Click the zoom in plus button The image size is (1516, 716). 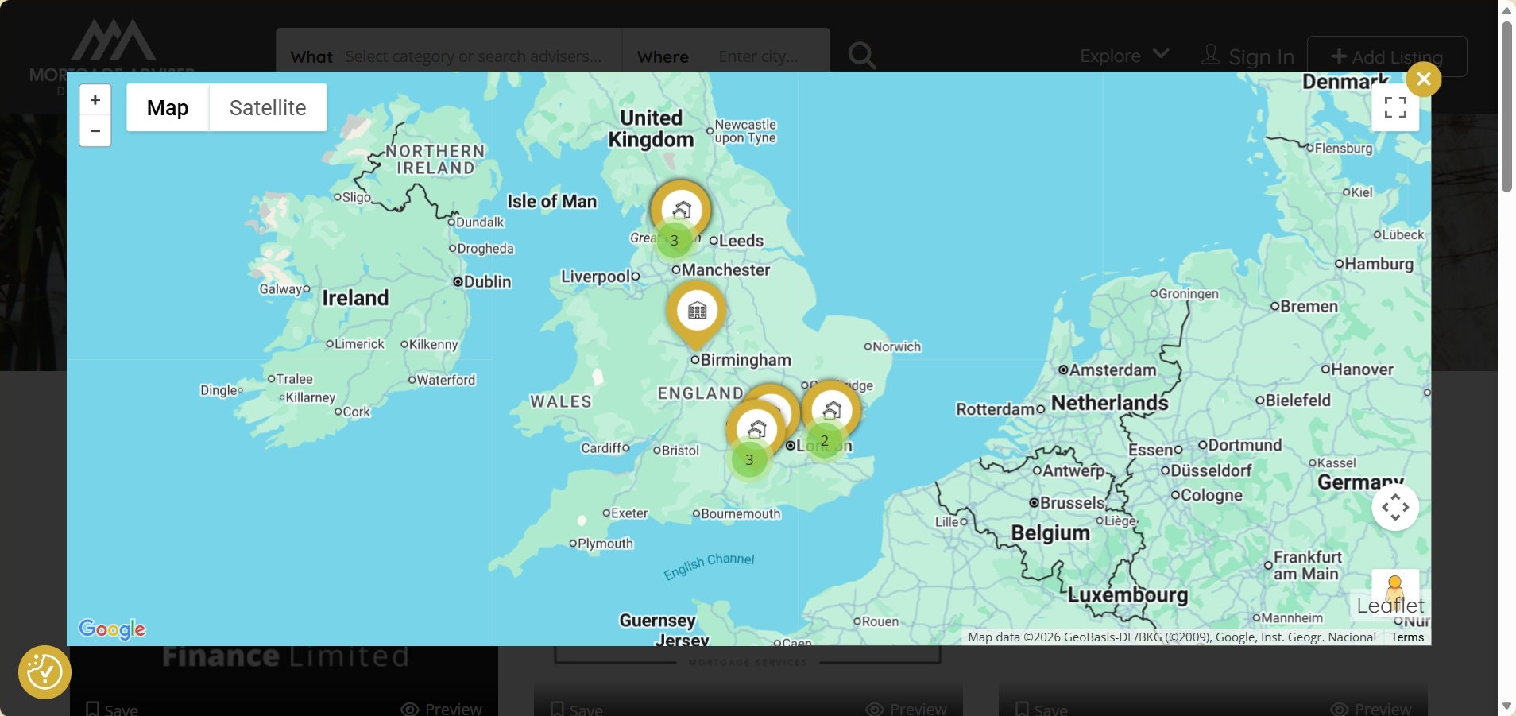coord(95,100)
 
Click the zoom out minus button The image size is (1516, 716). coord(95,130)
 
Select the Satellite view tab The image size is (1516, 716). coord(268,107)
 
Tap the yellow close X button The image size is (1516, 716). coord(1423,79)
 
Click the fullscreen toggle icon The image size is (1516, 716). coord(1394,107)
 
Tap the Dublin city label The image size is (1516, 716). coord(486,281)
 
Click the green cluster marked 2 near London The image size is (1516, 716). coord(824,440)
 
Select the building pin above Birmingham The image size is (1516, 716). coord(697,311)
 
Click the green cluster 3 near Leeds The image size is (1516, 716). coord(674,240)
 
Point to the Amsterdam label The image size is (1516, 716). coord(1112,370)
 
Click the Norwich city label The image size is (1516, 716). coord(896,346)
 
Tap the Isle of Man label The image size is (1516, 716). coord(551,201)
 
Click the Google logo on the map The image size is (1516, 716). coord(112,629)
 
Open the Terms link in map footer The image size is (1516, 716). coord(1406,637)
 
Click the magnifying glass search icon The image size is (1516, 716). coord(861,56)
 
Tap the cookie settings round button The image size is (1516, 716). coord(44,672)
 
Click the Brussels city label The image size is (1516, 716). coord(1071,502)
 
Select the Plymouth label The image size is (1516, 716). coord(605,544)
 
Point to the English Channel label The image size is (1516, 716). coord(709,565)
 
